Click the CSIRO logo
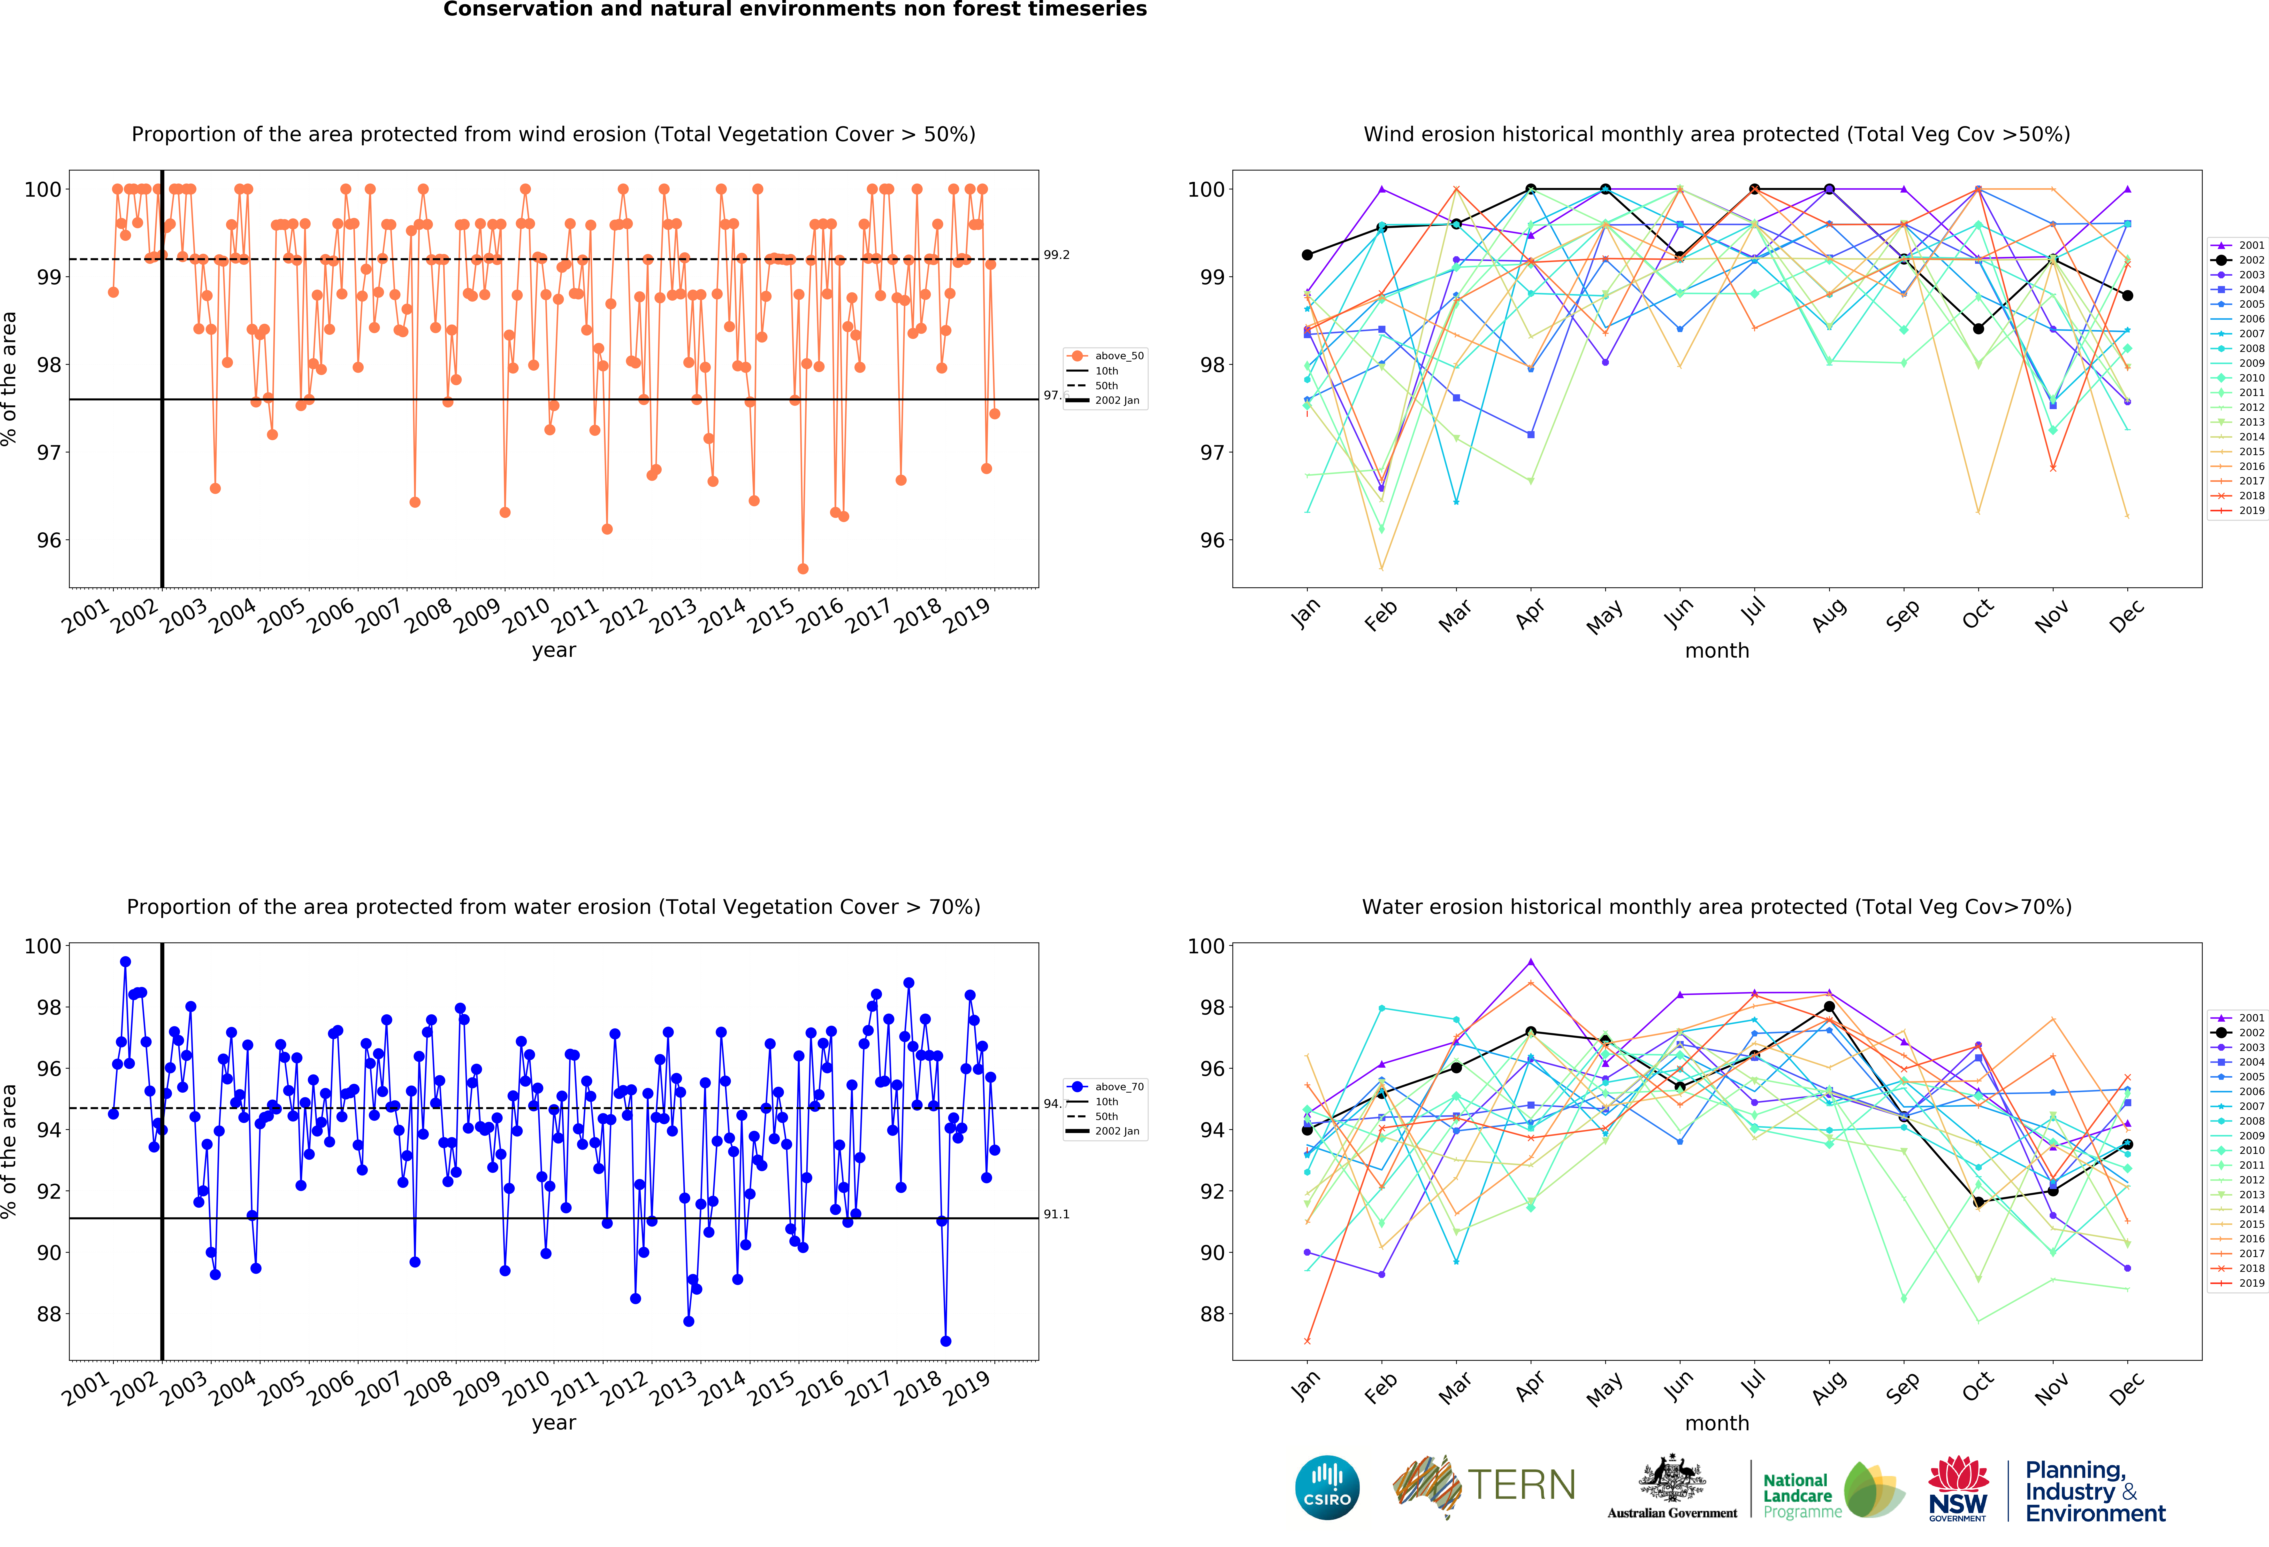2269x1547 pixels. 1327,1487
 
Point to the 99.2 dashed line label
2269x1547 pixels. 1056,255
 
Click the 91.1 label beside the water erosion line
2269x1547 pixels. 1056,1214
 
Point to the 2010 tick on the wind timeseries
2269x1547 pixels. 526,615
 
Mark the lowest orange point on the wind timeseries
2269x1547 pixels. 802,568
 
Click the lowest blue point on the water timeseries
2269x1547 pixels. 945,1341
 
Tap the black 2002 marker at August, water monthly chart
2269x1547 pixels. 1829,1006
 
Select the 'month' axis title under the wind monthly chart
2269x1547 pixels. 1716,650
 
